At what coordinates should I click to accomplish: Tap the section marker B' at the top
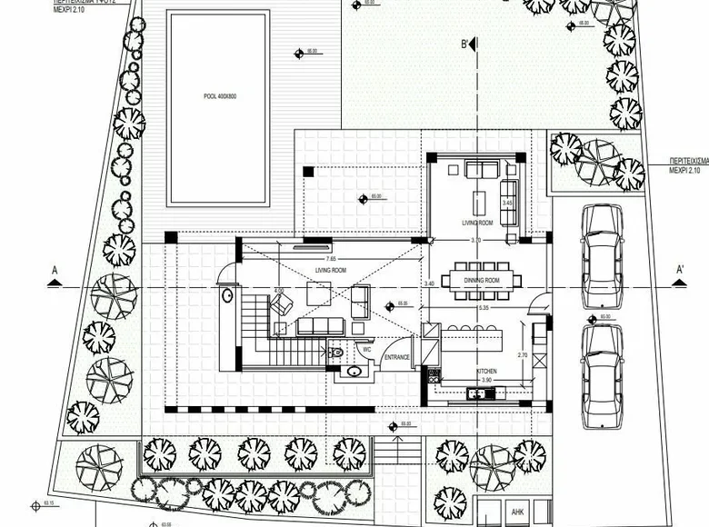pyautogui.click(x=466, y=44)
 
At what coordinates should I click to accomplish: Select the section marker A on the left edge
pyautogui.click(x=55, y=271)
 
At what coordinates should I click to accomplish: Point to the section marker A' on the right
pyautogui.click(x=678, y=270)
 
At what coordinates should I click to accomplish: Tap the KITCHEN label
pyautogui.click(x=487, y=372)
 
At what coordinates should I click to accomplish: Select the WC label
pyautogui.click(x=365, y=348)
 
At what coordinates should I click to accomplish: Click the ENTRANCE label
pyautogui.click(x=396, y=357)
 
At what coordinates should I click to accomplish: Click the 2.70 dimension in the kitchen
pyautogui.click(x=523, y=354)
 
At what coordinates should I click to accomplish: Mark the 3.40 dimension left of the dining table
pyautogui.click(x=428, y=283)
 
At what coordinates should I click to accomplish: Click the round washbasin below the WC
pyautogui.click(x=353, y=371)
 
